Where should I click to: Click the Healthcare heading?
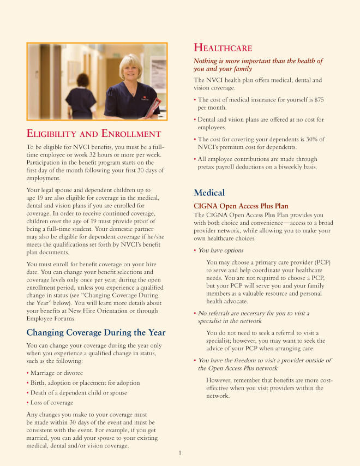point(223,48)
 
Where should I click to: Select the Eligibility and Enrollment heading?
point(94,134)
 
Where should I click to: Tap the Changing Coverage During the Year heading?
point(96,332)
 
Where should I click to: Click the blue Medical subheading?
point(209,193)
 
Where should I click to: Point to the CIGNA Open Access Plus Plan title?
point(241,206)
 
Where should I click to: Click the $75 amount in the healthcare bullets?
point(319,100)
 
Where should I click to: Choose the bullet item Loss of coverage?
point(51,403)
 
